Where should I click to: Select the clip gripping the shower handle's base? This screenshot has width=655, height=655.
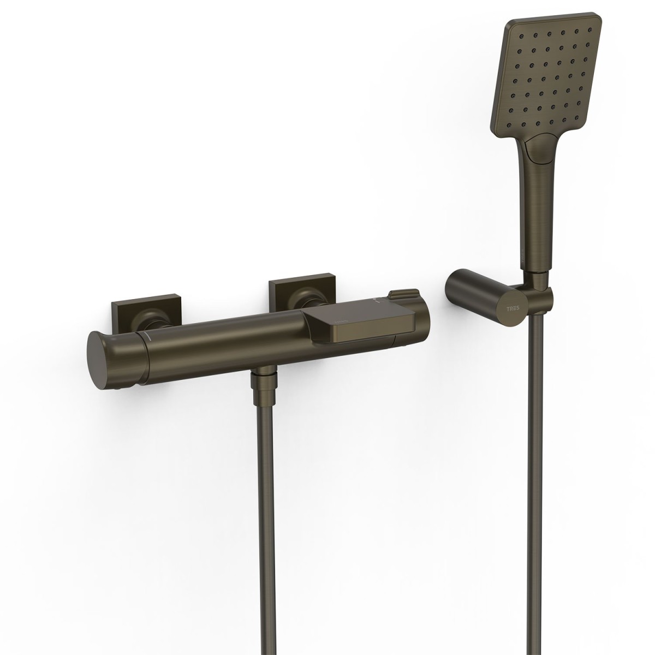(x=540, y=292)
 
